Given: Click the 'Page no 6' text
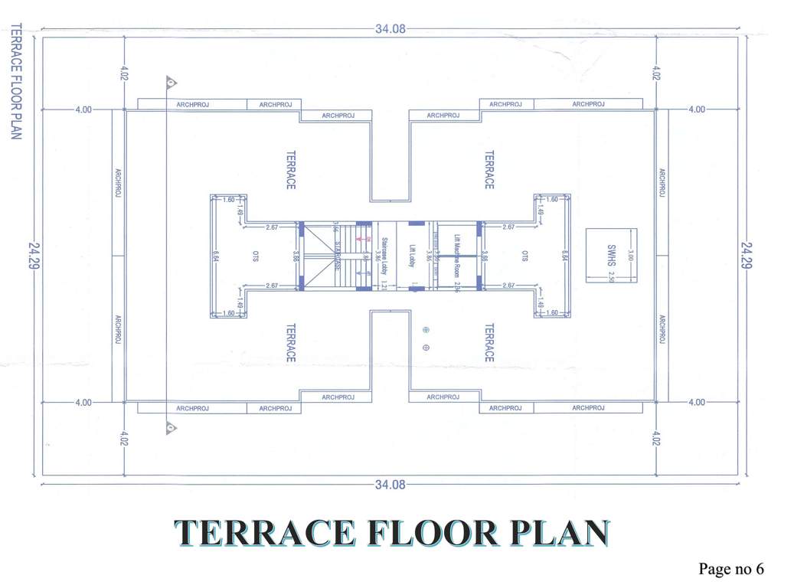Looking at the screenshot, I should coord(730,569).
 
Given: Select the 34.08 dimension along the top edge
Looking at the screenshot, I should coord(390,29).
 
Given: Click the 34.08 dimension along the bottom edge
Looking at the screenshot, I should coord(390,485).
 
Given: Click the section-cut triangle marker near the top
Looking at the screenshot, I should coord(172,82).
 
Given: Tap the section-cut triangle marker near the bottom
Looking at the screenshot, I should coord(172,428).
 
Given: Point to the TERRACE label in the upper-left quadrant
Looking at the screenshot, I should coord(290,169).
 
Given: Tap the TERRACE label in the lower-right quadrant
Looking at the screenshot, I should coord(488,342).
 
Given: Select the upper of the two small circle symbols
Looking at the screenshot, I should coord(426,330).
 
